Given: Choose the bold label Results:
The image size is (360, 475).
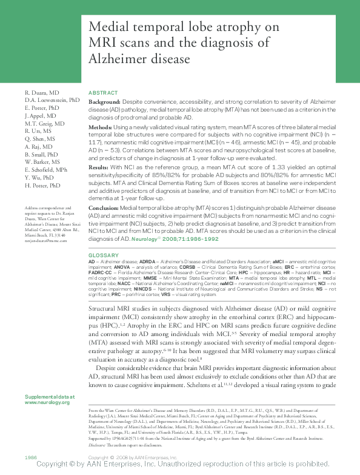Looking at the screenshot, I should point(99,166).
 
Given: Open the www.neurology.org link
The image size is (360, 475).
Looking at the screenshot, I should point(47,402).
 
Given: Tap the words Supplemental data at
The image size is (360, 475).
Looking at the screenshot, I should point(50,396).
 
